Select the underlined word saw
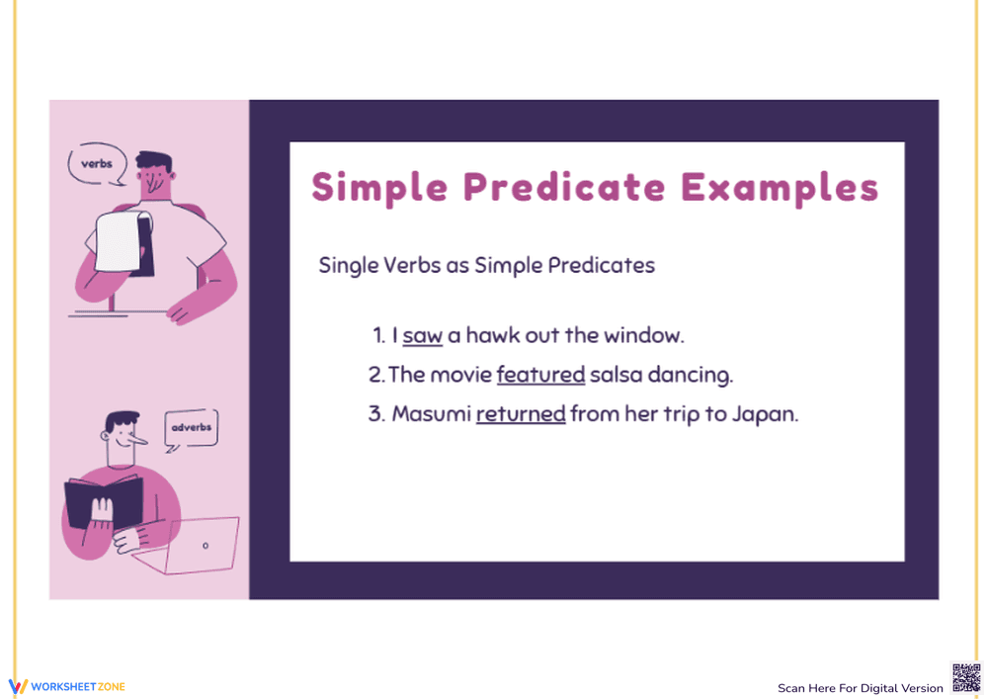(x=422, y=336)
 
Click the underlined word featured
(x=540, y=376)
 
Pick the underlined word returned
(x=521, y=414)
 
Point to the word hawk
(x=492, y=336)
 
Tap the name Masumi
(x=431, y=414)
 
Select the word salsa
(x=617, y=376)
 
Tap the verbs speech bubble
(x=97, y=164)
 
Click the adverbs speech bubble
(x=191, y=428)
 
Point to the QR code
(x=966, y=678)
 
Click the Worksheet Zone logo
(x=66, y=686)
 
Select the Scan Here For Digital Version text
(x=860, y=688)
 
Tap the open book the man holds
(x=103, y=503)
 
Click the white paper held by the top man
(x=118, y=242)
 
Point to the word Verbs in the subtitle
(x=406, y=265)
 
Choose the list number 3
(x=375, y=414)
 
